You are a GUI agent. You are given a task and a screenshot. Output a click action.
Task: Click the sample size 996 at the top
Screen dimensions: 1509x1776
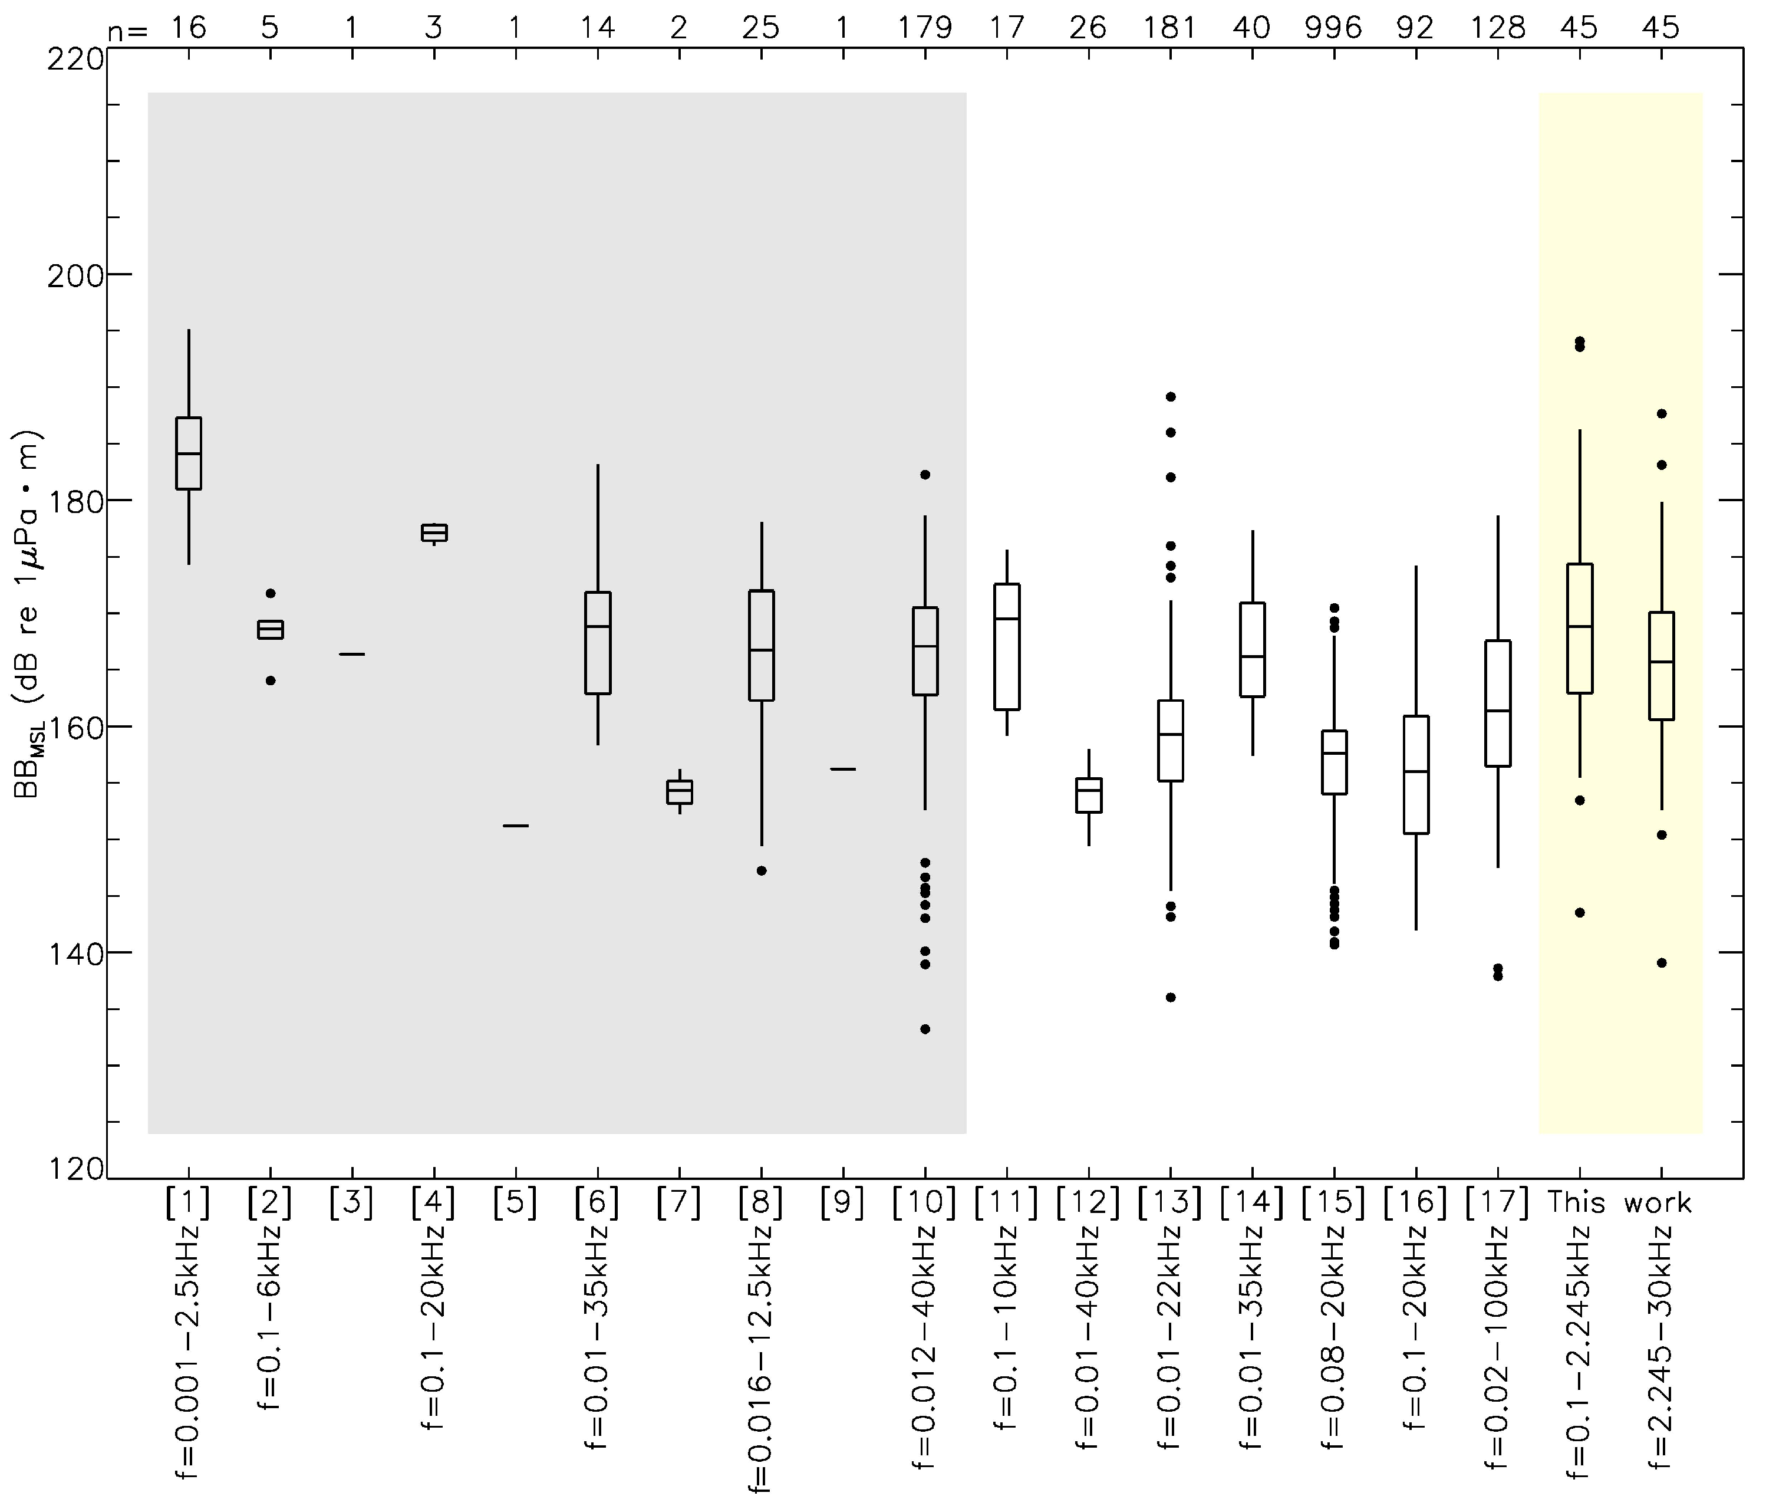1332,28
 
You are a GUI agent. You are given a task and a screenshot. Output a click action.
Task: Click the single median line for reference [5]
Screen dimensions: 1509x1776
516,826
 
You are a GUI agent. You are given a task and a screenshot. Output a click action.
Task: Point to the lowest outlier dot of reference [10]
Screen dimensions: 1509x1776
924,1029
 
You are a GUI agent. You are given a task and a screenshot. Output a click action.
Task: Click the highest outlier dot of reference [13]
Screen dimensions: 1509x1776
1171,397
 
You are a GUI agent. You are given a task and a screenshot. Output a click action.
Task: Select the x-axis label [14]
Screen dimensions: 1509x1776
1251,1203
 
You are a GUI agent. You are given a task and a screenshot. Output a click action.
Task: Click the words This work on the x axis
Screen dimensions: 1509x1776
1619,1203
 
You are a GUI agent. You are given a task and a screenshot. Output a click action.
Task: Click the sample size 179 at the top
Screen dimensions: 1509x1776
924,28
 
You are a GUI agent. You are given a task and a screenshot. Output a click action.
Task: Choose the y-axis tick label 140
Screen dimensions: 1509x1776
74,953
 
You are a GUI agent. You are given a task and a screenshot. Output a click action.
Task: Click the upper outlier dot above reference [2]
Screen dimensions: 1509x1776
270,593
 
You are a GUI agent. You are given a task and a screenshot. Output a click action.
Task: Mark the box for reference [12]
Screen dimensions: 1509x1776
1089,795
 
